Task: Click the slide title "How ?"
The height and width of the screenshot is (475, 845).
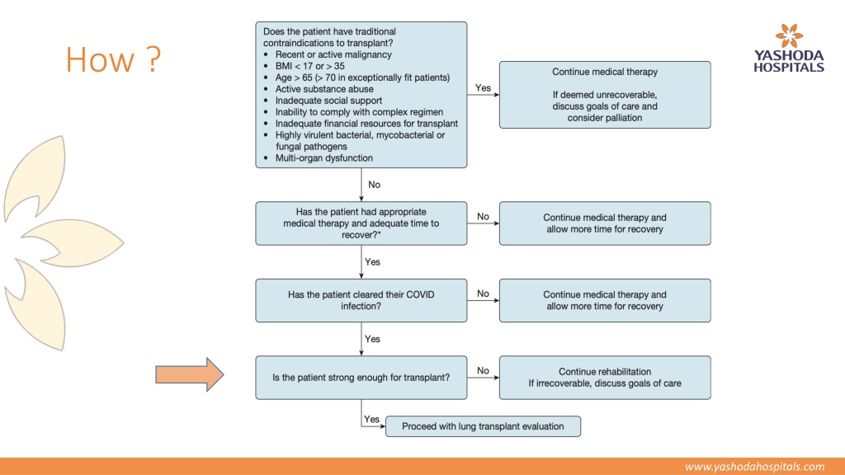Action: click(113, 59)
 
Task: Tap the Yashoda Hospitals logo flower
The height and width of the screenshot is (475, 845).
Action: click(789, 36)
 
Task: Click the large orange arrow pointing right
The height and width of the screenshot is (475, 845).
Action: click(189, 374)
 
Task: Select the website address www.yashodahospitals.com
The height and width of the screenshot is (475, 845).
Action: click(754, 467)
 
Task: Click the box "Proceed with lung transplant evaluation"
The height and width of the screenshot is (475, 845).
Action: click(483, 426)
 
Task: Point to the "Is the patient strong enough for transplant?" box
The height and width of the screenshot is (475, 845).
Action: click(361, 378)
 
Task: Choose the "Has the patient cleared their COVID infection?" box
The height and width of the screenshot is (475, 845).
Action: click(361, 300)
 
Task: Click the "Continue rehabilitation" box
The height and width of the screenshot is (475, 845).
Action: click(605, 378)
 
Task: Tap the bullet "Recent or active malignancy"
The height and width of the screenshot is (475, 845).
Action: click(333, 54)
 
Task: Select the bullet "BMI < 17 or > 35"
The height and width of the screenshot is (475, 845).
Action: click(310, 66)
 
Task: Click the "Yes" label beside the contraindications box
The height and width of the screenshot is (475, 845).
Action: click(483, 87)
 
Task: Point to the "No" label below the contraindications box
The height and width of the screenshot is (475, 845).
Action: click(374, 185)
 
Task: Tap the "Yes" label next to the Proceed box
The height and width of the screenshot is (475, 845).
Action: click(371, 419)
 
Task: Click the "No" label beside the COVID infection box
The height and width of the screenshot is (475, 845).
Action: click(483, 294)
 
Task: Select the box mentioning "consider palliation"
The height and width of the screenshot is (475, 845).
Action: click(605, 95)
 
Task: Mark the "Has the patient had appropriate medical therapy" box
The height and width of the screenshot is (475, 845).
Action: click(361, 223)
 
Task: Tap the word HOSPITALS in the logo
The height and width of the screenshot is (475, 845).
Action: click(789, 68)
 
